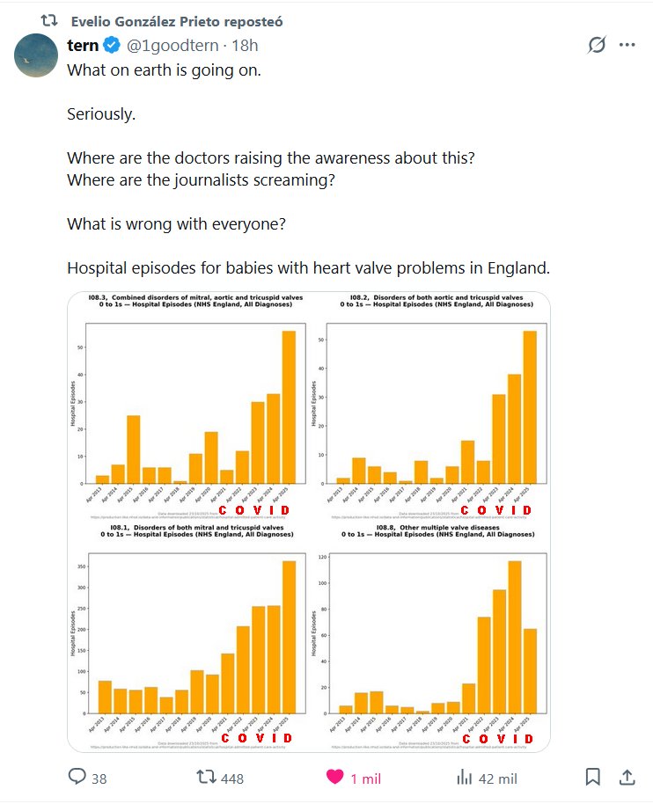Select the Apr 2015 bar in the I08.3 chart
point(134,449)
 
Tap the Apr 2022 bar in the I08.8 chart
point(483,665)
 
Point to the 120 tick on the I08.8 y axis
point(321,558)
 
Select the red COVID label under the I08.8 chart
point(496,739)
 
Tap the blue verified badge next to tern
point(112,46)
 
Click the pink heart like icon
point(334,778)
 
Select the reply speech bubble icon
point(77,778)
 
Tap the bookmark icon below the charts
point(592,778)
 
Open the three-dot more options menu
point(627,46)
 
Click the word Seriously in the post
point(101,114)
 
